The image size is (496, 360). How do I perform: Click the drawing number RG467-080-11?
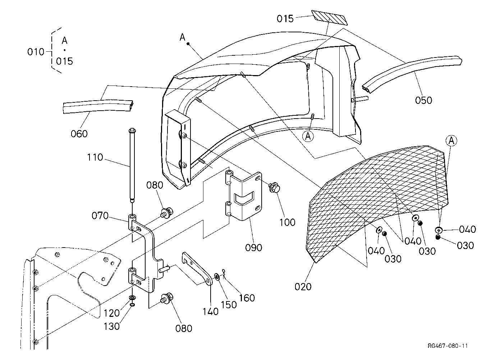click(x=448, y=346)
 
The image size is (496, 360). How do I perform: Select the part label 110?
click(x=95, y=157)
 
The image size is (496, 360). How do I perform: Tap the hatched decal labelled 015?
click(x=330, y=18)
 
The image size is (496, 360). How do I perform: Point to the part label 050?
click(x=423, y=100)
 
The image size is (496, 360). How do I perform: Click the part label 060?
click(x=79, y=134)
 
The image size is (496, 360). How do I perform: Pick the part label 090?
click(x=253, y=248)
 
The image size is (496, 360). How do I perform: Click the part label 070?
click(x=100, y=216)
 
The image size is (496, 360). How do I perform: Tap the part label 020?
click(x=303, y=287)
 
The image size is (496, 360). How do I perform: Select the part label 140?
click(x=211, y=312)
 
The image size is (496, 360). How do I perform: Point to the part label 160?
click(x=247, y=298)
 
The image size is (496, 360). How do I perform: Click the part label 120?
click(x=111, y=313)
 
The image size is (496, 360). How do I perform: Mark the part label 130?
click(x=111, y=326)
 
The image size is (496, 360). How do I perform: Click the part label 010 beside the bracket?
click(x=36, y=52)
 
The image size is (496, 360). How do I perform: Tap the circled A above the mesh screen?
click(x=451, y=140)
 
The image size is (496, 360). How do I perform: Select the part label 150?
click(x=229, y=305)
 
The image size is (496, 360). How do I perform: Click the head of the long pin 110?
click(x=132, y=130)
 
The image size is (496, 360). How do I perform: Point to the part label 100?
click(x=287, y=222)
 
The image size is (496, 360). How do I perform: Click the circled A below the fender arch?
click(x=308, y=137)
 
